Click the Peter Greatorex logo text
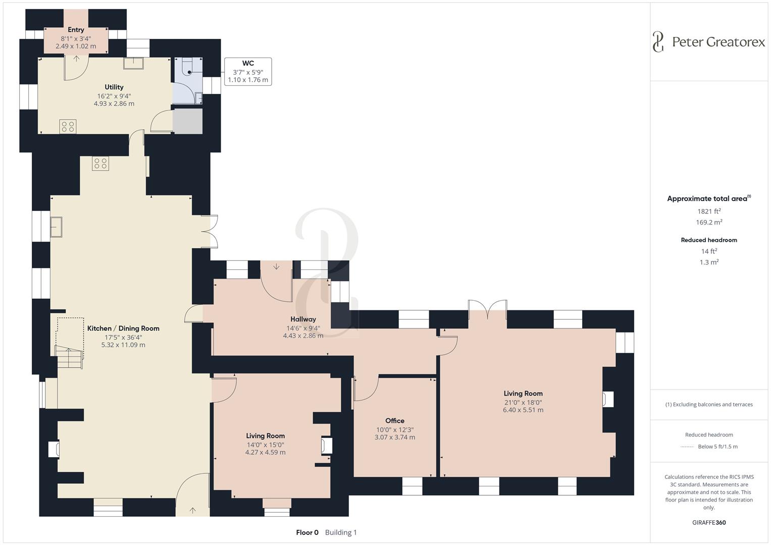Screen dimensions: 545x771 718,42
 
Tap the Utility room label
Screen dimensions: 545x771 114,87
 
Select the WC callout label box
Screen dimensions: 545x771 248,72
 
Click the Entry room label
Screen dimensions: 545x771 76,30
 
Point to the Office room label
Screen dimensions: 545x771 394,420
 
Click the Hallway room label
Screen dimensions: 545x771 303,319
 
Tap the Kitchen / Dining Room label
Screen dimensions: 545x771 123,328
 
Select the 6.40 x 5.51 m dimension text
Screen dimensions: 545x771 523,410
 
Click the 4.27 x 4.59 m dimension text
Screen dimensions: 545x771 265,453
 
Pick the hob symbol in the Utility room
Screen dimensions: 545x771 68,126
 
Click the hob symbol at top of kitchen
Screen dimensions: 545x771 100,163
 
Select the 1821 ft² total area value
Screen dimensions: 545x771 709,211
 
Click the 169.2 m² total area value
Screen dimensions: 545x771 709,223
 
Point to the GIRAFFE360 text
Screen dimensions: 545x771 709,522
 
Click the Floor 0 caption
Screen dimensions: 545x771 307,532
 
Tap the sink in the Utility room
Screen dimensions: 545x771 133,63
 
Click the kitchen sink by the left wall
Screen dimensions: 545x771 56,227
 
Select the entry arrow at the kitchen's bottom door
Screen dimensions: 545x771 192,511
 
